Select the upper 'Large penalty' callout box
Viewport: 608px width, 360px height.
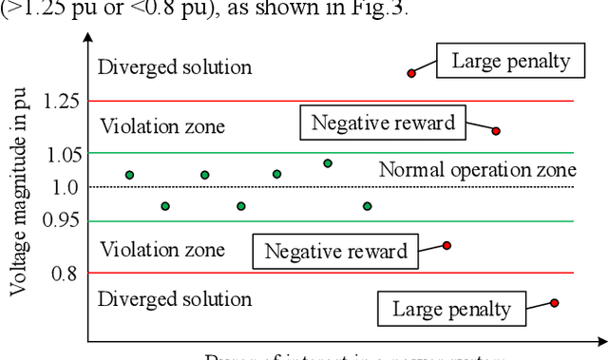(x=511, y=62)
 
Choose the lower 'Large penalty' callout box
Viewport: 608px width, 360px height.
(x=451, y=308)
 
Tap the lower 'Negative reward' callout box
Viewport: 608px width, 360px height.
(x=335, y=252)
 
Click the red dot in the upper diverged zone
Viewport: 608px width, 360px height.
(x=411, y=72)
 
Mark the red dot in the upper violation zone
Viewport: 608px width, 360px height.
(x=496, y=131)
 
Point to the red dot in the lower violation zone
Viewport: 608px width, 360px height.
(x=446, y=245)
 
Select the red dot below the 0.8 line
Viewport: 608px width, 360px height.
(x=555, y=303)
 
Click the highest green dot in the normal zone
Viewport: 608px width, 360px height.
(x=328, y=163)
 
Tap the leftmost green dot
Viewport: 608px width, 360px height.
(x=129, y=175)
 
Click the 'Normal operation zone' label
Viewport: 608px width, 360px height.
(x=477, y=171)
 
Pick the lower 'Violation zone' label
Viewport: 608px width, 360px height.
(x=162, y=250)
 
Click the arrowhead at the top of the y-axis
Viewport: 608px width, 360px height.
(x=87, y=39)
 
